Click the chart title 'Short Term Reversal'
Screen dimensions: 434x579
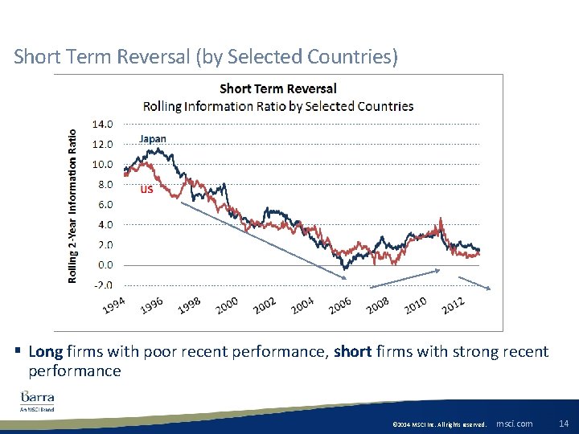coord(278,88)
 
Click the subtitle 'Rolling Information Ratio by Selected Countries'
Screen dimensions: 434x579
coord(278,106)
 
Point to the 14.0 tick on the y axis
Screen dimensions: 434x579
coord(102,125)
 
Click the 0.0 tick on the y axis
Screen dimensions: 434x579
coord(104,264)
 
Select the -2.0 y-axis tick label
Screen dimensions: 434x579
coord(102,285)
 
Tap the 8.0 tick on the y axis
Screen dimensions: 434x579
coord(104,184)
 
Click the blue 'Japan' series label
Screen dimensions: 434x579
coord(153,138)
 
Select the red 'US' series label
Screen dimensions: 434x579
coord(146,190)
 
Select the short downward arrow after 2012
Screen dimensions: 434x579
coord(474,282)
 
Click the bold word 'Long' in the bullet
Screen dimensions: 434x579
coord(46,352)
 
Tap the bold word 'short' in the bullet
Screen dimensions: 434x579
coord(352,352)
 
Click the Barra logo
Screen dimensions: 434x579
coord(38,399)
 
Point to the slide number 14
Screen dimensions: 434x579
coord(563,423)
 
